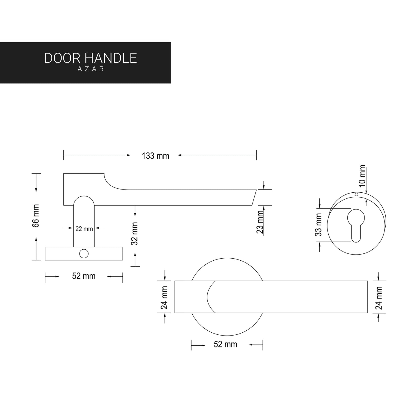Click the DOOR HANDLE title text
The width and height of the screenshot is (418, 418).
coord(91,58)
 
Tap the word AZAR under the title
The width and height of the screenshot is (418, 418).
coord(91,69)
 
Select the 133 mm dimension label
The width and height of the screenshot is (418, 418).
coord(155,156)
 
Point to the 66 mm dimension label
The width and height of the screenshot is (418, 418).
coord(36,216)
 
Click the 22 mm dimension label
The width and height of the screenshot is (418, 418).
coord(84,229)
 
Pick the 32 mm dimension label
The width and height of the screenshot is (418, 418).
coord(135,233)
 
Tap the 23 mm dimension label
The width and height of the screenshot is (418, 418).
coord(260,222)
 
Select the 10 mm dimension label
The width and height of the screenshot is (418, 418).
coord(362,176)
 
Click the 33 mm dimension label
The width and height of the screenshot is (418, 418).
coord(319,225)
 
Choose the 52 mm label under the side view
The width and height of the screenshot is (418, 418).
coord(84,276)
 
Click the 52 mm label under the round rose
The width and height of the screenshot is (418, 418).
coord(225,345)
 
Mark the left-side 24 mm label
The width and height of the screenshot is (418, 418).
coord(165,297)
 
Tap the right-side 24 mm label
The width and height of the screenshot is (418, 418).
coord(379,298)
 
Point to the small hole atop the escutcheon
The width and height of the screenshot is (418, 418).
coord(356,194)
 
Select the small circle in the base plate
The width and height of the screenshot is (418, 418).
coord(84,254)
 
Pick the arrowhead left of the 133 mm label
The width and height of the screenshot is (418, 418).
coord(129,155)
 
